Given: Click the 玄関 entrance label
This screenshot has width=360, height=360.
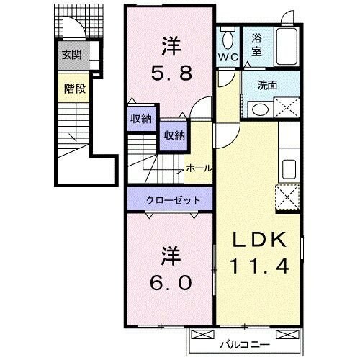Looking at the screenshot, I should (x=71, y=55).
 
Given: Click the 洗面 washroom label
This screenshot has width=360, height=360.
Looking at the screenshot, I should (x=267, y=85).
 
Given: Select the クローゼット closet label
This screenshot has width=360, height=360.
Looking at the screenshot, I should (x=171, y=199).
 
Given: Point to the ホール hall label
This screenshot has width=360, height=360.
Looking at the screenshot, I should (x=199, y=168).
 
